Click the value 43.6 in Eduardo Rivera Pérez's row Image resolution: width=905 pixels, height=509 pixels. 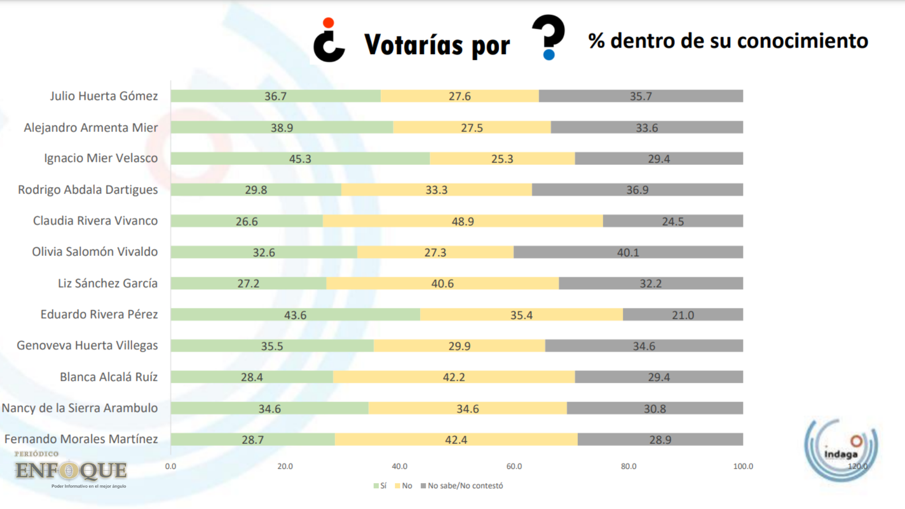(x=295, y=315)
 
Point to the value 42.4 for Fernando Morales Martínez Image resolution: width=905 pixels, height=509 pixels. (x=456, y=440)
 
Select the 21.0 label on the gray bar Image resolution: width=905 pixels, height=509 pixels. (x=683, y=315)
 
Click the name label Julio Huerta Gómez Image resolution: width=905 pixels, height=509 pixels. (x=104, y=96)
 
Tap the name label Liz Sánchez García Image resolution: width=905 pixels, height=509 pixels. (x=107, y=283)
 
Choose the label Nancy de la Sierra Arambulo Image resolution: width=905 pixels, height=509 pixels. (x=80, y=408)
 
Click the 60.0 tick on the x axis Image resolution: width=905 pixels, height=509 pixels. (x=514, y=466)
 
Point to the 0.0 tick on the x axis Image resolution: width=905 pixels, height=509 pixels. (x=171, y=466)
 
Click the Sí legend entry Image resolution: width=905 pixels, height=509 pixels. (x=380, y=486)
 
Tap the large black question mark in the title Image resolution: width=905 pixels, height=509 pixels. (x=548, y=37)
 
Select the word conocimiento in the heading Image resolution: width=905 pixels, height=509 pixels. (x=802, y=41)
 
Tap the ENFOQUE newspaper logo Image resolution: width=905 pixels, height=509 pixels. (x=71, y=469)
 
